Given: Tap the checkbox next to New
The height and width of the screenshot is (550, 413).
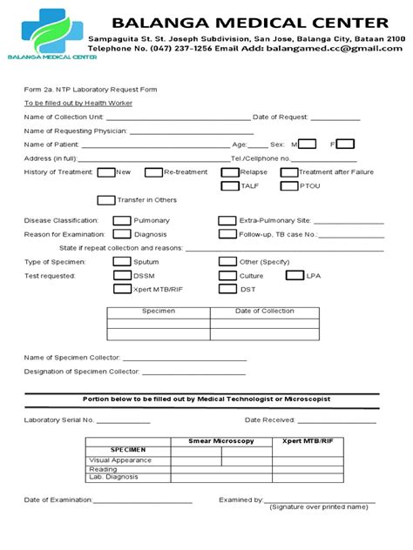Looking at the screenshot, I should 106,172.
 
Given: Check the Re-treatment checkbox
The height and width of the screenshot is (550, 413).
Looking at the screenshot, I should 153,172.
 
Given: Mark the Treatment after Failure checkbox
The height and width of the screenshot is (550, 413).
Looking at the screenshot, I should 288,172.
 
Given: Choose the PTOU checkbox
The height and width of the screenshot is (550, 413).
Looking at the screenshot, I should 288,185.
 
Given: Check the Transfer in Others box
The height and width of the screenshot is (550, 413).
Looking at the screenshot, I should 106,200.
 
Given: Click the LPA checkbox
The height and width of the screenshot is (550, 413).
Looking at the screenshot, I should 295,275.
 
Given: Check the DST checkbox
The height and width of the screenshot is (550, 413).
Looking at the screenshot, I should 227,289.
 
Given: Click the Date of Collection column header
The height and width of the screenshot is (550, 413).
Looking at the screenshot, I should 265,311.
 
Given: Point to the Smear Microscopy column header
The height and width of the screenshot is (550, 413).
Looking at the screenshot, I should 220,442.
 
